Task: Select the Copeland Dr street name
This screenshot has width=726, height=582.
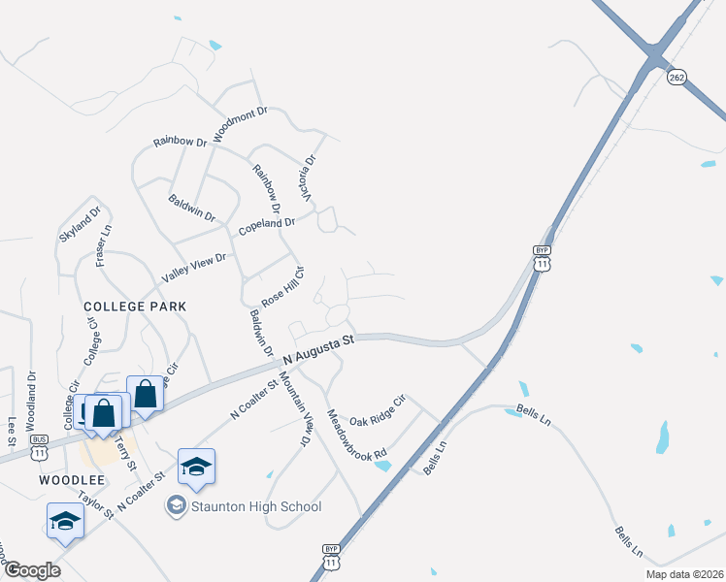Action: (267, 226)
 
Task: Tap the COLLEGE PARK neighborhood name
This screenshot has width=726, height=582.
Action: (135, 306)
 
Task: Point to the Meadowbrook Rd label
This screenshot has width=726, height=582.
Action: (357, 434)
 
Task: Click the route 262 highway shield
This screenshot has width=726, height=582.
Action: (677, 77)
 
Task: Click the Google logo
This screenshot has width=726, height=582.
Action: (31, 570)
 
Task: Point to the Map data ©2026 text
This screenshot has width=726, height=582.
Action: (671, 574)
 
